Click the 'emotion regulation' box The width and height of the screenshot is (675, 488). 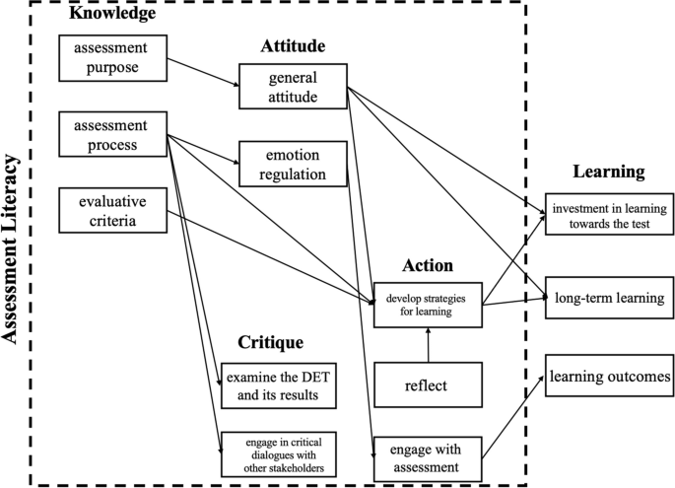coord(292,164)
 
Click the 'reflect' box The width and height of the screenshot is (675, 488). coord(426,384)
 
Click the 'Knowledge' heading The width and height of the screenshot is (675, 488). coord(111,15)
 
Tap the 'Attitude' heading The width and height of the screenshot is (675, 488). coord(292,46)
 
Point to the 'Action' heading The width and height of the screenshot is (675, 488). coord(426,265)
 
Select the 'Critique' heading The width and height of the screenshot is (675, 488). coord(269,342)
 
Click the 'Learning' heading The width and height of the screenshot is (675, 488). coord(608,172)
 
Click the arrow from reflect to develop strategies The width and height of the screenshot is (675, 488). coord(427,345)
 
